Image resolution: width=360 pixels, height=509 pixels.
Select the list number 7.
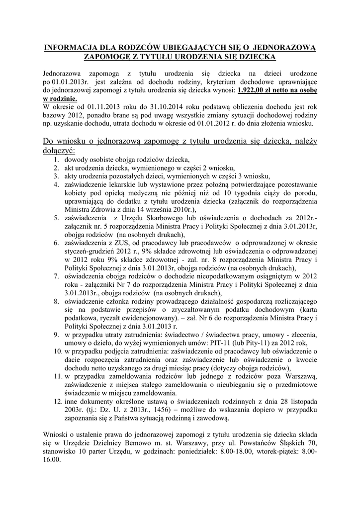click(57, 276)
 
